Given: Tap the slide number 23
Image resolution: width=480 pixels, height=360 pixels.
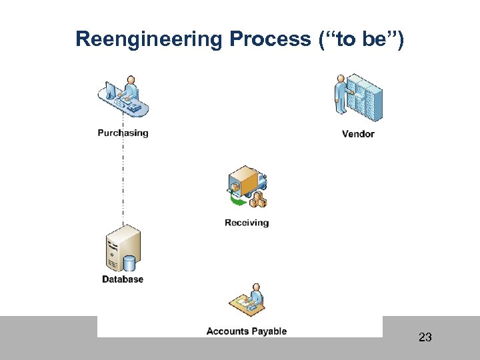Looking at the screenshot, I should (425, 337).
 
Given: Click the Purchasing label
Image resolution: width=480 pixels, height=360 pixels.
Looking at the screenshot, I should (123, 133).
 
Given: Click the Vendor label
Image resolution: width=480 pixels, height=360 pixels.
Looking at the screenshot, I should (358, 134).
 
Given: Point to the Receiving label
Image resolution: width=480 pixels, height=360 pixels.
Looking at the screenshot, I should (247, 223).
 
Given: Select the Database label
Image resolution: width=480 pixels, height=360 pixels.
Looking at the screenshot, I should (123, 279).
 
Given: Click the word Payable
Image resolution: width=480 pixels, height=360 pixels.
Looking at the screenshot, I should (269, 331).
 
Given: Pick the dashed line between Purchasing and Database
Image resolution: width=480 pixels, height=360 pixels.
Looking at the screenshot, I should (123, 180).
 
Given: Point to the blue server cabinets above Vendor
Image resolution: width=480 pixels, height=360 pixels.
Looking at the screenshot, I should (367, 97).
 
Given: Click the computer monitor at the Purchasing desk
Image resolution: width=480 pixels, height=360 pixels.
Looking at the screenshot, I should (112, 91).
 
